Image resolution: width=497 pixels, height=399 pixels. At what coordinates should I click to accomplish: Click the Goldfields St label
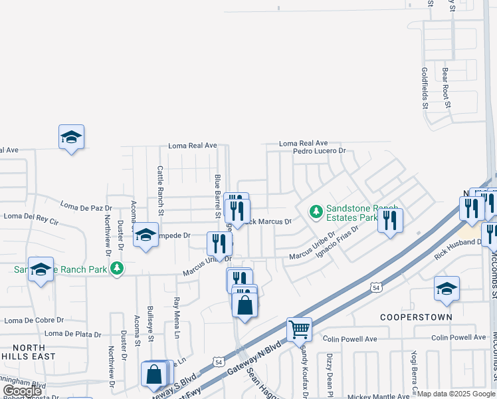click(x=424, y=87)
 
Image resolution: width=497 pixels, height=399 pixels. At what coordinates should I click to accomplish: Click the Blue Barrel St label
click(x=217, y=196)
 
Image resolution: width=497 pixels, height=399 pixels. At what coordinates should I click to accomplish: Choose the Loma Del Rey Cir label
click(x=31, y=216)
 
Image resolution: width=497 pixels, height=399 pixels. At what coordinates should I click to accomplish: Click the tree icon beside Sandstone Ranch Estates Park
click(x=316, y=212)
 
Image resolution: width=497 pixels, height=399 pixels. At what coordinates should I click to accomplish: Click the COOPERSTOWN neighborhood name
click(x=416, y=317)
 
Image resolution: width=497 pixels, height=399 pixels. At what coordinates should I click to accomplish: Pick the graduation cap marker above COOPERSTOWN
click(x=447, y=288)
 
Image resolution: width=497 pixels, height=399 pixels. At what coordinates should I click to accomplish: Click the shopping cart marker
click(x=299, y=329)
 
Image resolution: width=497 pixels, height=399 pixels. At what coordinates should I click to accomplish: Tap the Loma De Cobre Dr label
click(x=33, y=320)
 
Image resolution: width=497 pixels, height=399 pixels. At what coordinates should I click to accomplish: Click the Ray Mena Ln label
click(x=177, y=317)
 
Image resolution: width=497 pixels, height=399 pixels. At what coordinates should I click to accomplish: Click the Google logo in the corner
click(x=22, y=392)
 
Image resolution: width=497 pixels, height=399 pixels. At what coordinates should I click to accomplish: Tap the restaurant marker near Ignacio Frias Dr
click(x=390, y=219)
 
